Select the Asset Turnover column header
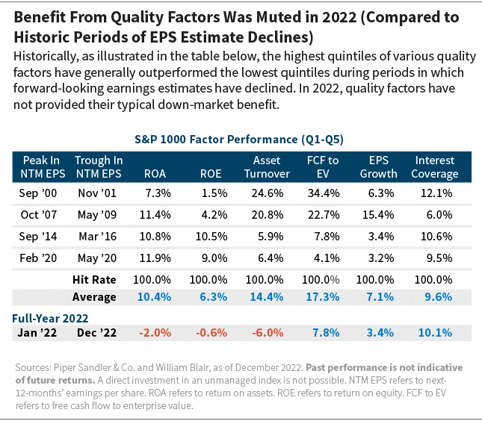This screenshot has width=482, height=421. (267, 167)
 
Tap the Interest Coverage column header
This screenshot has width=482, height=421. (435, 167)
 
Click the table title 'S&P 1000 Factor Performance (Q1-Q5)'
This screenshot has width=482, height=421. (239, 139)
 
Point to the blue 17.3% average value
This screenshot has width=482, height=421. (323, 296)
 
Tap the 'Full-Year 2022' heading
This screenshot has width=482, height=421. (50, 316)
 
